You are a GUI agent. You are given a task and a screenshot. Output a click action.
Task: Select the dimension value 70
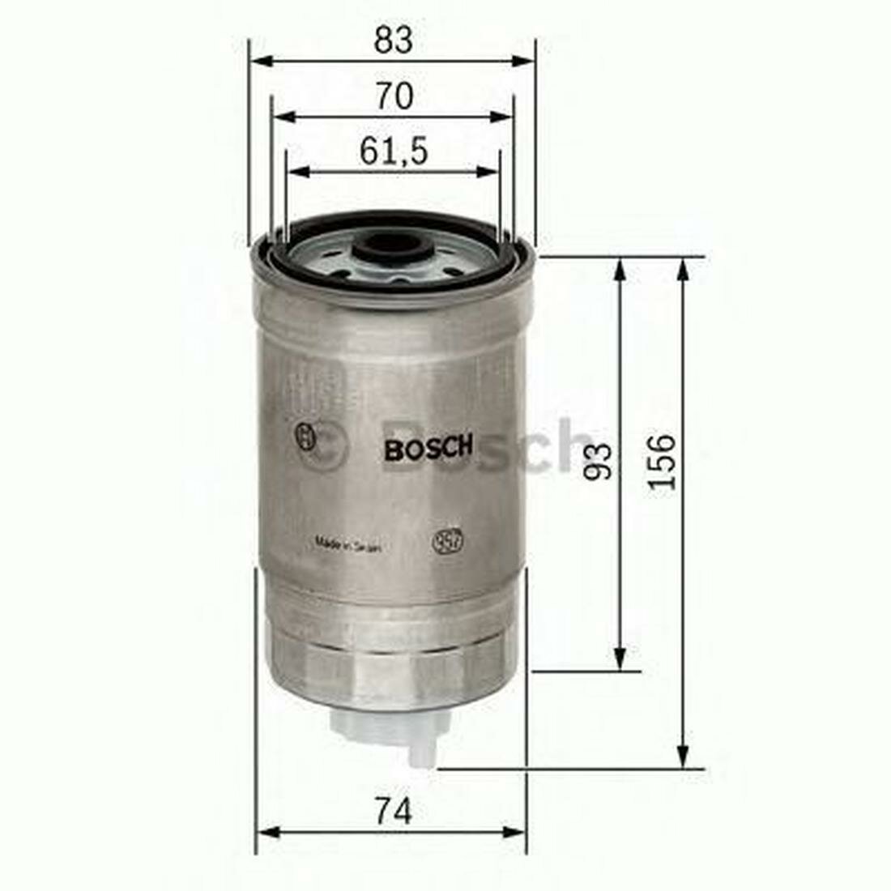tap(394, 96)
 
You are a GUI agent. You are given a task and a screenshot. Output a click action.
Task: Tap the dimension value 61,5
tap(394, 151)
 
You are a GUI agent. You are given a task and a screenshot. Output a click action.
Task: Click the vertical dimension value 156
tap(662, 461)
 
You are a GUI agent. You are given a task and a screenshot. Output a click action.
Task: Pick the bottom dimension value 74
tap(394, 810)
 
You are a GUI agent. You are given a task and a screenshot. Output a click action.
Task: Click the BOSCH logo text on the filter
tap(428, 448)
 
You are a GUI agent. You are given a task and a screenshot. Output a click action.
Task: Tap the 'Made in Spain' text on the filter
tap(347, 547)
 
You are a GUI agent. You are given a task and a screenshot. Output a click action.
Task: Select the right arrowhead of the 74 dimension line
tap(518, 831)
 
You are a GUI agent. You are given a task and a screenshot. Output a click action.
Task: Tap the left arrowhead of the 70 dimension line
tap(280, 117)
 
